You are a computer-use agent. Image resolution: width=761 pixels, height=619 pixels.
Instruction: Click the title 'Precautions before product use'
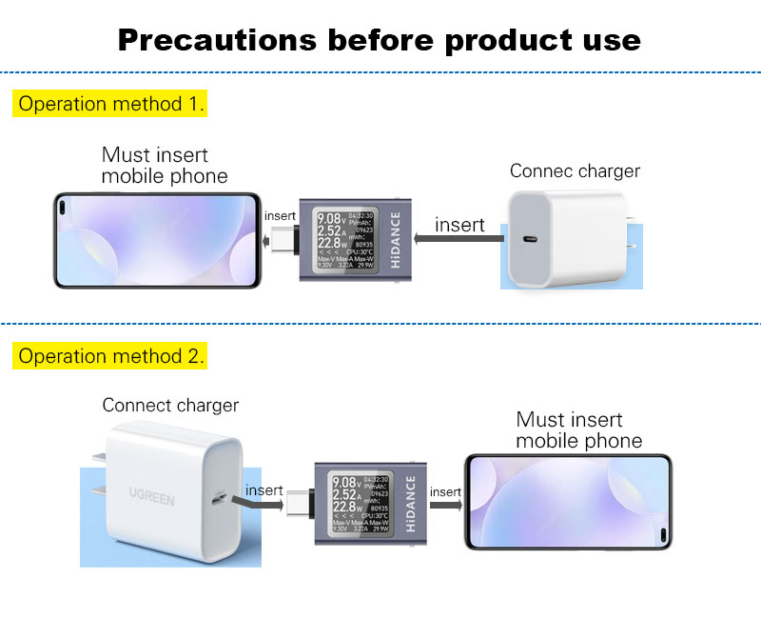pos(380,40)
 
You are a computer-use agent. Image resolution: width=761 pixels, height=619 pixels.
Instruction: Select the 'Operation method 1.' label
pos(109,104)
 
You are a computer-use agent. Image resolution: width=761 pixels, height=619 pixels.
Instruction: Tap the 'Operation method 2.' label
pos(109,356)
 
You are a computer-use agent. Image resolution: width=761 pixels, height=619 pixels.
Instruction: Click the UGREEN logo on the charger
pos(152,496)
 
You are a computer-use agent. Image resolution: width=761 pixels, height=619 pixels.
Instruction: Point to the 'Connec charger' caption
pos(575,171)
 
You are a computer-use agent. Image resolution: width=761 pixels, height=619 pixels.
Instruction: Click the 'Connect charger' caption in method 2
pos(170,406)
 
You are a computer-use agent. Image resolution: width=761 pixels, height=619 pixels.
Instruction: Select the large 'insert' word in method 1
pos(459,225)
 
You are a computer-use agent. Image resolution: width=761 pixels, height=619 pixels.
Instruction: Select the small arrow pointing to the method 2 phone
pos(445,505)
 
